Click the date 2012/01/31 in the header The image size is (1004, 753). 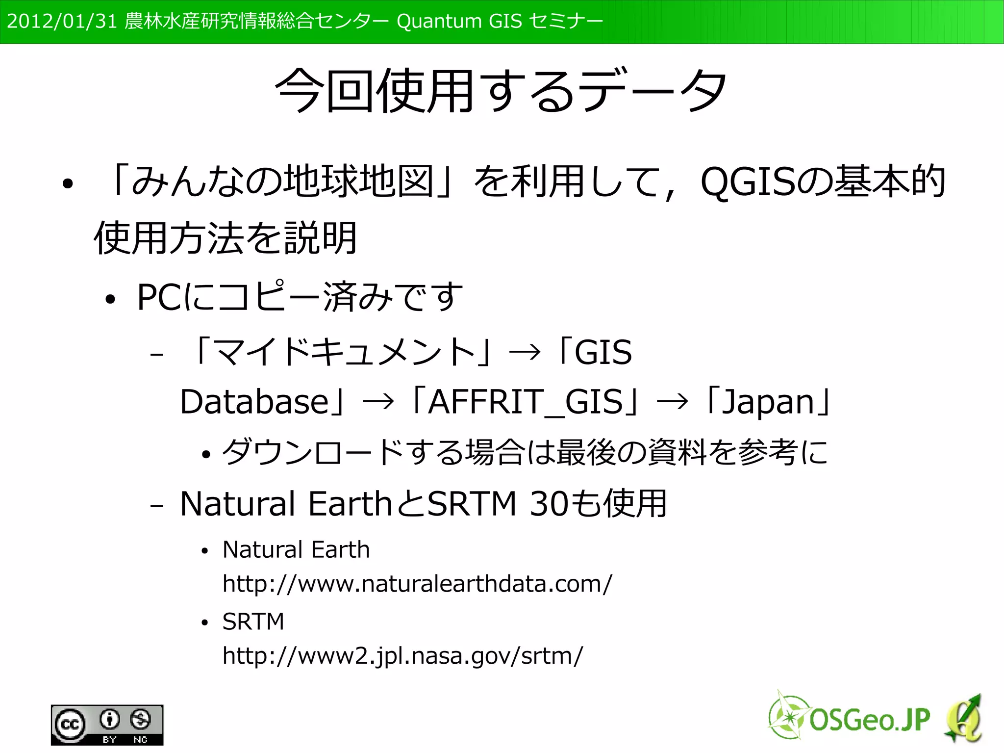click(x=62, y=22)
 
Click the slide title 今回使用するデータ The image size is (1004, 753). click(x=501, y=90)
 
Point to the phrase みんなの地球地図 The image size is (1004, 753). click(x=282, y=182)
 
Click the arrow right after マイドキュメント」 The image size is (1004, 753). click(x=525, y=352)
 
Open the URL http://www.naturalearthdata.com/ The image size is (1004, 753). click(x=417, y=584)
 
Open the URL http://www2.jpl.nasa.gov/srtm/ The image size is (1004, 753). click(x=402, y=656)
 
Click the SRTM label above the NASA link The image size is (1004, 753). click(x=253, y=622)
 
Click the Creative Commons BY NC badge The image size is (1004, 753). click(x=107, y=725)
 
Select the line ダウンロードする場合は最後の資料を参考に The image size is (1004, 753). click(x=525, y=452)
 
